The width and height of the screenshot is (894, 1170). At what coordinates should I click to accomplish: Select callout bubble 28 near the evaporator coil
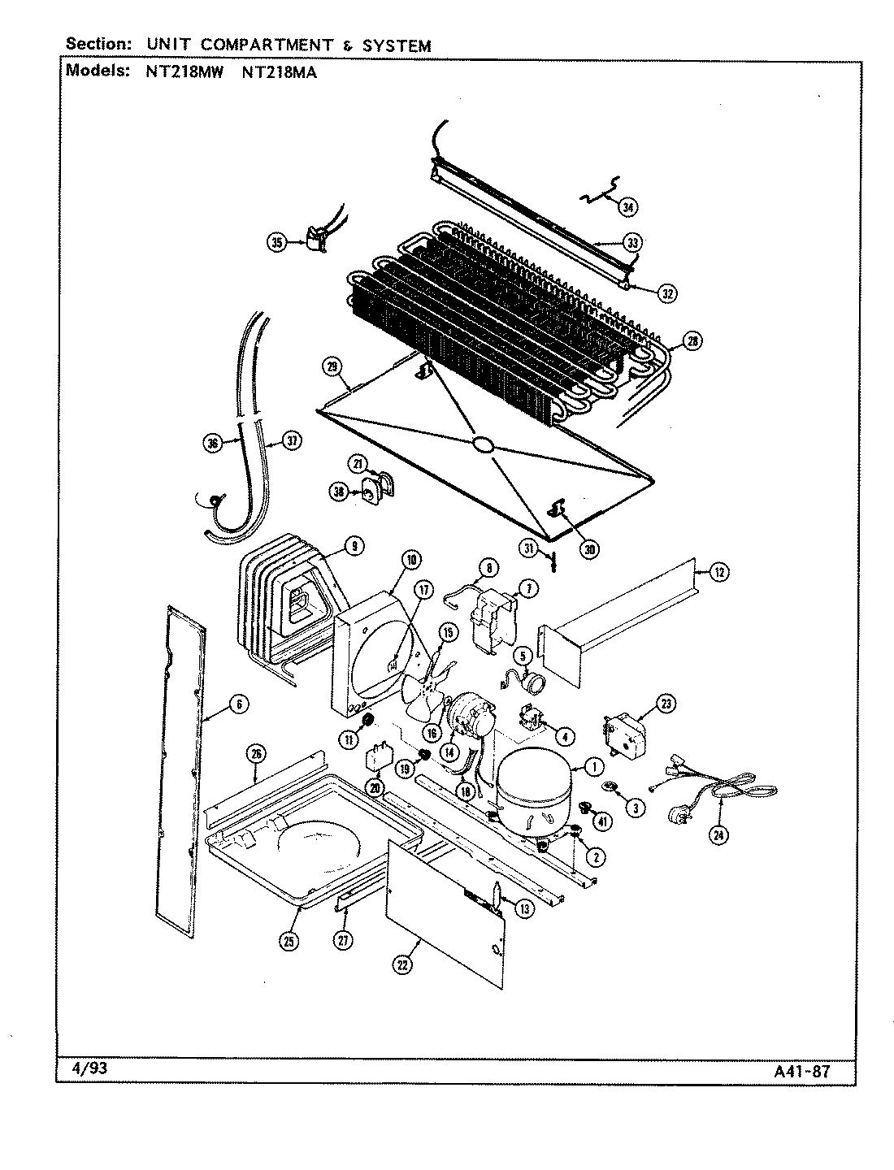coord(692,341)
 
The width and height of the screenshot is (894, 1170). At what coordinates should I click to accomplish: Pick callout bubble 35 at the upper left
coord(278,242)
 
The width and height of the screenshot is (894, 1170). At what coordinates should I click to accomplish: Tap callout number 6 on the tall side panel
coord(238,704)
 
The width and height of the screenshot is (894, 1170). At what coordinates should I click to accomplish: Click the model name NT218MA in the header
coord(280,71)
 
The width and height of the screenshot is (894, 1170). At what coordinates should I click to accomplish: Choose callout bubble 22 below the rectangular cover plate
coord(402,964)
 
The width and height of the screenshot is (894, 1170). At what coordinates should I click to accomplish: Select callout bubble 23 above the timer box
coord(666,704)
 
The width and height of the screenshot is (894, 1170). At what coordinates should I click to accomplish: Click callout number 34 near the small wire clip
coord(627,207)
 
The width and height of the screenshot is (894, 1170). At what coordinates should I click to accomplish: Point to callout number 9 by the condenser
coord(353,547)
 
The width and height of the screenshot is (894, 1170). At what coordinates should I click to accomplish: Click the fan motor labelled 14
coord(469,715)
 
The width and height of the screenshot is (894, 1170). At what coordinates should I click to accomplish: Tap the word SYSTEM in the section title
coord(396,46)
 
